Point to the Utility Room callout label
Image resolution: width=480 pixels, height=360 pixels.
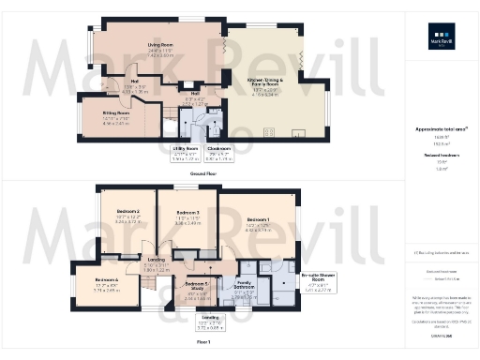click(186, 148)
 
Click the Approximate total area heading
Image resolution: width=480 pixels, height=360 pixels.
click(441, 129)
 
